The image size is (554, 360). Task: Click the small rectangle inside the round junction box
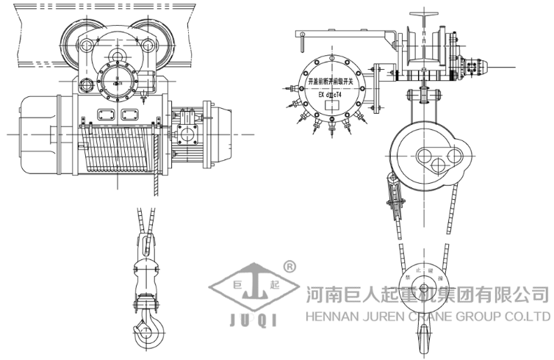coord(331,105)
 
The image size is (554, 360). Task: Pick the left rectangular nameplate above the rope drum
coord(102,115)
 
